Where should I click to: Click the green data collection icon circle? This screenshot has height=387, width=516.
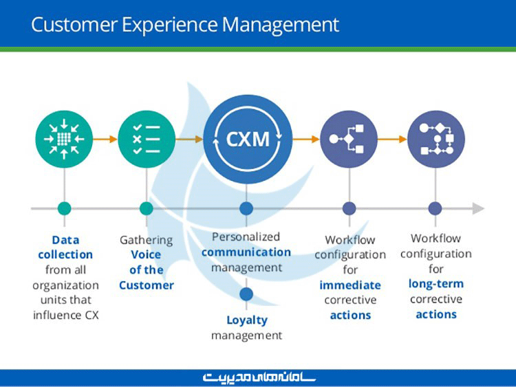pos(64,139)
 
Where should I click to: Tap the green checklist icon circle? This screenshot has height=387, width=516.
pos(147,139)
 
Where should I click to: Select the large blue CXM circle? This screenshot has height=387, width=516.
pos(248,139)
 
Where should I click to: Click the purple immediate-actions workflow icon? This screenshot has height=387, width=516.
pos(349,139)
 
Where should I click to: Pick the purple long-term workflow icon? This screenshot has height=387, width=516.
pos(436,139)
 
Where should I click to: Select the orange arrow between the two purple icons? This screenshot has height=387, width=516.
pos(392,139)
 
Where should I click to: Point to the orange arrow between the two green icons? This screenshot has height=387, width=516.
pos(105,139)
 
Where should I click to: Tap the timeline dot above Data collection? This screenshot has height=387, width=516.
pos(65,208)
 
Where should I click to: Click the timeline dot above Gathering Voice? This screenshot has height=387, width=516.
pos(147,208)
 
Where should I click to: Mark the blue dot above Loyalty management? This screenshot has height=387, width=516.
pos(246,294)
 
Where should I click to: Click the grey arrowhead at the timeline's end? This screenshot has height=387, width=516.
pos(478,208)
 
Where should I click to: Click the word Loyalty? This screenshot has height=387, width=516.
pos(246,320)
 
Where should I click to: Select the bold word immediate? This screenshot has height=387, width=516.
pos(350,285)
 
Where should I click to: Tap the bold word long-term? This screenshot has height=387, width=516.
pos(436,284)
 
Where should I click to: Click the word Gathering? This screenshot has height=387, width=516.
pos(146,240)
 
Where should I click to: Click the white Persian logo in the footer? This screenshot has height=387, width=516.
pos(259,377)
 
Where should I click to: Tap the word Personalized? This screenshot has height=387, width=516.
pos(246,236)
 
